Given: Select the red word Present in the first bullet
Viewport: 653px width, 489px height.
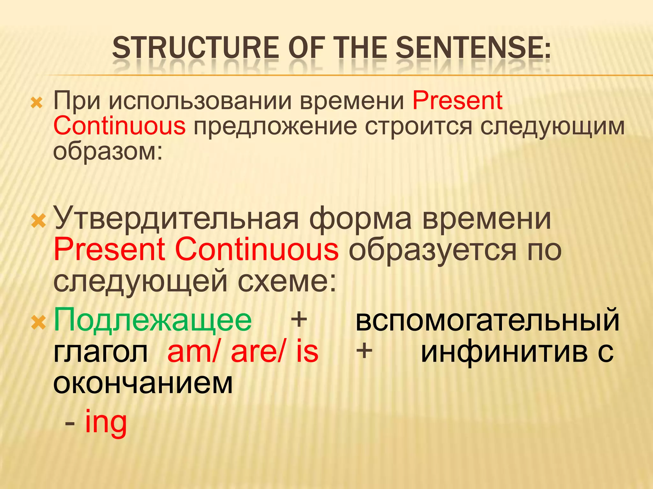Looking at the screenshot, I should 458,101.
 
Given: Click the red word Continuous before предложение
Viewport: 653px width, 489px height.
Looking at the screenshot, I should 119,126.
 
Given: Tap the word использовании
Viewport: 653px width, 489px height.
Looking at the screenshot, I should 201,101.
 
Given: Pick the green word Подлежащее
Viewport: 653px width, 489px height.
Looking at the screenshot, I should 152,320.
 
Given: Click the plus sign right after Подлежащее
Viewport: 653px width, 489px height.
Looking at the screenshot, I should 299,320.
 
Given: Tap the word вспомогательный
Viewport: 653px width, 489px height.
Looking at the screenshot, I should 488,320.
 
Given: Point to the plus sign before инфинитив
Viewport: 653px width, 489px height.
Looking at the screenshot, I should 364,351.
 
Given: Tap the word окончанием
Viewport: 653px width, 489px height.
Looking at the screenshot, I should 143,383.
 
